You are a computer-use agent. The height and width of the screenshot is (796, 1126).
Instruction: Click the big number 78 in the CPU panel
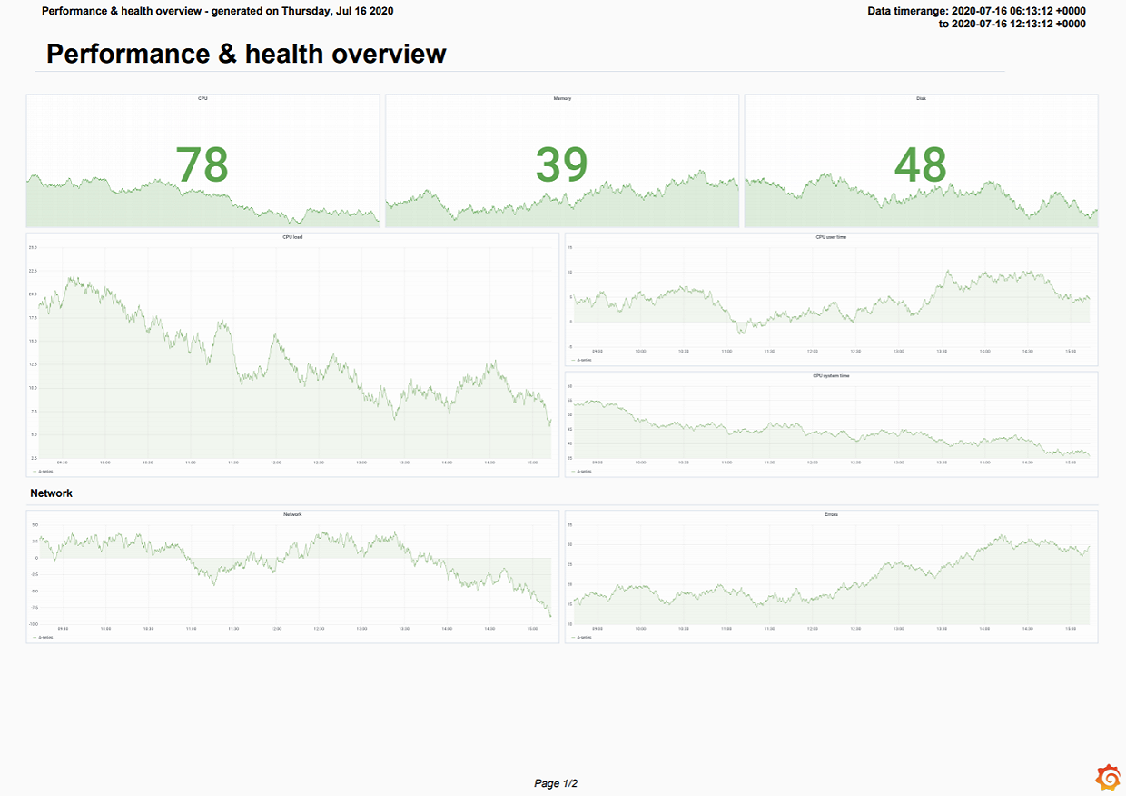point(202,165)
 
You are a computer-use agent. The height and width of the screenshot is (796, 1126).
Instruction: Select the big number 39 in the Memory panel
point(561,165)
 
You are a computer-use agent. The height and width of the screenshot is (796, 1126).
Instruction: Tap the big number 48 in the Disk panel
point(921,165)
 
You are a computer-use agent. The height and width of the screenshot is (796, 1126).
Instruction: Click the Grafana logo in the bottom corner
point(1108,778)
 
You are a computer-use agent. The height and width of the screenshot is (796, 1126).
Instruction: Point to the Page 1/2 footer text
point(556,783)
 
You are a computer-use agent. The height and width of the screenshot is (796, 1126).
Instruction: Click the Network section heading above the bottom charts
point(51,493)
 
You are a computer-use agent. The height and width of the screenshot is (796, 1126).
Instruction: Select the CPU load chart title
point(292,237)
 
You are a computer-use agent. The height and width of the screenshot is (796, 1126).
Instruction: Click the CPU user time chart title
point(831,237)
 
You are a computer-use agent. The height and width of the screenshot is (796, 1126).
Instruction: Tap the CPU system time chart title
point(831,375)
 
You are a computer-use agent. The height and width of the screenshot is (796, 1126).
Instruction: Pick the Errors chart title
point(831,515)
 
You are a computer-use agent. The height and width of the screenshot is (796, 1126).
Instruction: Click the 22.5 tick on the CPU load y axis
point(33,271)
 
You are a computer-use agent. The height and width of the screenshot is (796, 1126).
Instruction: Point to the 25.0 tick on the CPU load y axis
point(33,247)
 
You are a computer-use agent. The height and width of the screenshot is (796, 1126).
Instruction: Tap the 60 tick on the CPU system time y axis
point(570,386)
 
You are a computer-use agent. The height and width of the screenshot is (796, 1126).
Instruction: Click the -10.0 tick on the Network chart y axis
point(33,624)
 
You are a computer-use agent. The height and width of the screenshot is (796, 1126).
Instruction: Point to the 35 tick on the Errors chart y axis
point(570,525)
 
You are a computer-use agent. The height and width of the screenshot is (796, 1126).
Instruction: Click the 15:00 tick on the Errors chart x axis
point(1071,629)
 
